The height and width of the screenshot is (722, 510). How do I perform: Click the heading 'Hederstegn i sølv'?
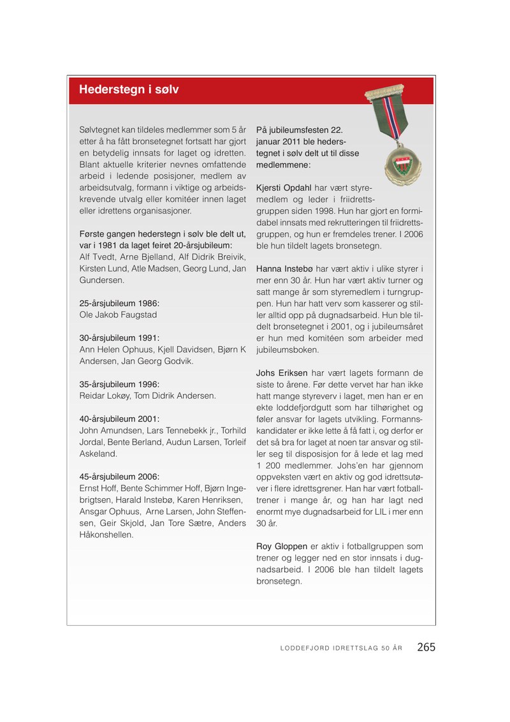(x=129, y=90)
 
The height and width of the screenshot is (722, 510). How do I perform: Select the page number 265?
(x=426, y=647)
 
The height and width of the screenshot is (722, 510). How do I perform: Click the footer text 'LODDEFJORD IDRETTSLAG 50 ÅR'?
(x=341, y=649)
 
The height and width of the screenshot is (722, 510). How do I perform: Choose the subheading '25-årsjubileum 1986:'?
(x=119, y=303)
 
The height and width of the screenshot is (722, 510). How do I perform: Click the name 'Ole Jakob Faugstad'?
(x=118, y=315)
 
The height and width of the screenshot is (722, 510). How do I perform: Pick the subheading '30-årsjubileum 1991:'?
(x=119, y=337)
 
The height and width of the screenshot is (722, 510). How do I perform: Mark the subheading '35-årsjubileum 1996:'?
(x=119, y=384)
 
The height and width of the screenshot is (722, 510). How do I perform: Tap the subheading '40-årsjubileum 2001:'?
(x=119, y=419)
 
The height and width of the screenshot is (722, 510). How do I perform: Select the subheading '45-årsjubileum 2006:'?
(x=119, y=476)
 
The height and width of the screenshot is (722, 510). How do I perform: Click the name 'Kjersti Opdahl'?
(x=284, y=188)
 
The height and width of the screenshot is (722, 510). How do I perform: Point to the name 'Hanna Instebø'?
(x=283, y=269)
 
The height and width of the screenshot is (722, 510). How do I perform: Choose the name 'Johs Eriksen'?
(x=282, y=372)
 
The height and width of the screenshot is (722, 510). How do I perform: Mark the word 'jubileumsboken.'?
(x=288, y=350)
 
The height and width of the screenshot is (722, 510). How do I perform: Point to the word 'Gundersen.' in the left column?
(x=101, y=280)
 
